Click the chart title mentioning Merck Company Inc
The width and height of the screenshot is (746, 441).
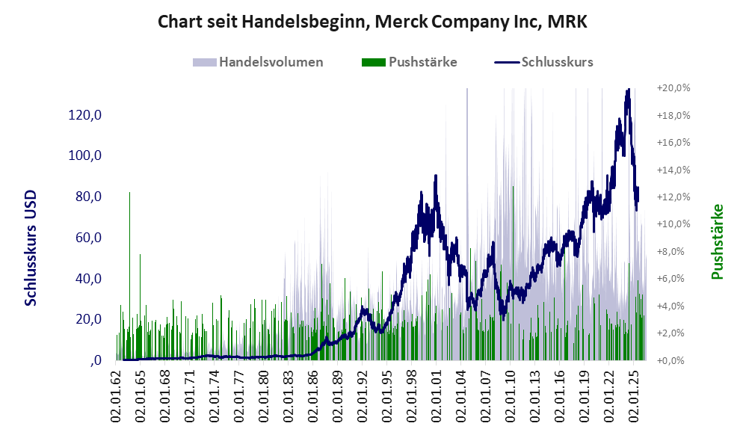372,22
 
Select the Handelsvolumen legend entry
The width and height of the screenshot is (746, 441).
258,62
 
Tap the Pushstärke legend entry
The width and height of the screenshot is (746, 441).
409,62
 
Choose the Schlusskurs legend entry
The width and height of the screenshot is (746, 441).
543,62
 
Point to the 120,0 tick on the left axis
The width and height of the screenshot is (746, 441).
84,114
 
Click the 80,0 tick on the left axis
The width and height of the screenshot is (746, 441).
88,197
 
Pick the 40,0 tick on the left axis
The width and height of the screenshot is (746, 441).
88,278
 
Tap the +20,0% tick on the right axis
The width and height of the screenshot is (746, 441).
673,88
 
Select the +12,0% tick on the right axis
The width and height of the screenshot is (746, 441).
673,197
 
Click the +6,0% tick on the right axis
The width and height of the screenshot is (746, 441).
673,279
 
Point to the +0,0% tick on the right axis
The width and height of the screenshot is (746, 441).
673,360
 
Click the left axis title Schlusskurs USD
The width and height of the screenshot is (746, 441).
31,248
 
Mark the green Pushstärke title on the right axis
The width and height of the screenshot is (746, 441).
718,241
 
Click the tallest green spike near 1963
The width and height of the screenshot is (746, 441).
130,193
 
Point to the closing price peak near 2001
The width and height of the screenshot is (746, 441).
435,176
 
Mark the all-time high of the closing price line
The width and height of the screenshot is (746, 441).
629,89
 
